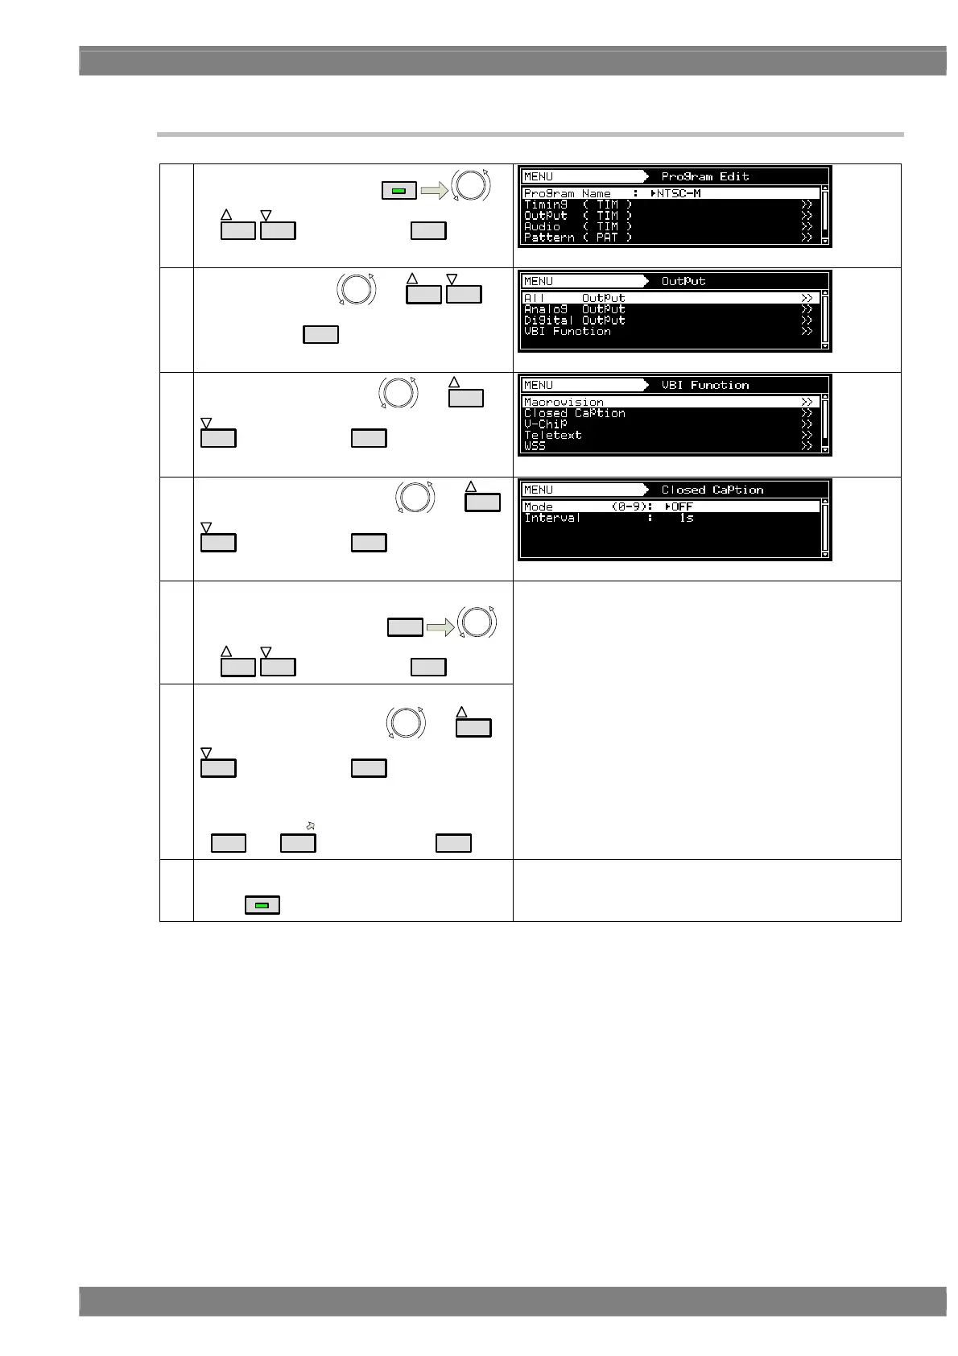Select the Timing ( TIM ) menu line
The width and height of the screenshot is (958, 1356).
click(x=577, y=205)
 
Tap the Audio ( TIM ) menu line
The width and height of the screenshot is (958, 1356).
click(x=577, y=226)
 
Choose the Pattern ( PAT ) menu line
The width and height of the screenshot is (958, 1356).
click(x=577, y=238)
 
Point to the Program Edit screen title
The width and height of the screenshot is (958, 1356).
click(x=705, y=176)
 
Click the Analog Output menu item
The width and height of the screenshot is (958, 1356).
click(x=574, y=309)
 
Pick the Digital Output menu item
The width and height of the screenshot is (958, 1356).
click(x=574, y=320)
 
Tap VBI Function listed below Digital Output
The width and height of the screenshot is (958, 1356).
click(x=567, y=331)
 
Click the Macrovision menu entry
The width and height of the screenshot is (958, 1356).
click(x=564, y=402)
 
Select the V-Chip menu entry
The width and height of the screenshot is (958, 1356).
click(x=545, y=424)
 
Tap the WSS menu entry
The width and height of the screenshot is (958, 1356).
click(x=535, y=446)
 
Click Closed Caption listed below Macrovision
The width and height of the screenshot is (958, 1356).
click(x=574, y=413)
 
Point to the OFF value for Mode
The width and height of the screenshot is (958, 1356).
click(x=682, y=506)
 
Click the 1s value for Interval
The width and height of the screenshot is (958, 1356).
click(x=686, y=518)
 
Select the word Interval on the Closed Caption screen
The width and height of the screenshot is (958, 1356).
click(x=551, y=518)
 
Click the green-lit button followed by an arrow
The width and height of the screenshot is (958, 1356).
click(x=398, y=191)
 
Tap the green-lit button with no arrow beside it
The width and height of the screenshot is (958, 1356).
click(x=262, y=905)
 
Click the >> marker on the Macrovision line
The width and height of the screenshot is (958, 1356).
click(x=807, y=402)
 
